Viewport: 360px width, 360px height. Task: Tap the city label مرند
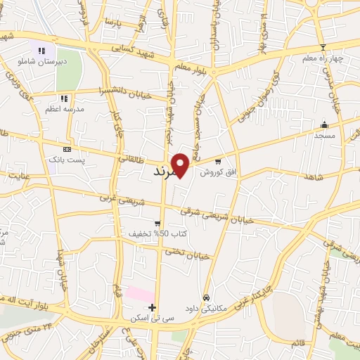(x=167, y=171)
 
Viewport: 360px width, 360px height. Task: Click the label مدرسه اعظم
(x=64, y=109)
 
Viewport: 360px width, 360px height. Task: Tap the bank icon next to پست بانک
(x=67, y=150)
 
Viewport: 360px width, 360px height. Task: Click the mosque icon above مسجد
(x=323, y=123)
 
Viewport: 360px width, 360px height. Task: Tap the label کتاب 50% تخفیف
(x=148, y=233)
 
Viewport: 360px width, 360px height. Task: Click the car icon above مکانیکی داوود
(x=206, y=297)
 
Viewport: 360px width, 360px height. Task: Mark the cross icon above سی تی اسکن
(x=152, y=307)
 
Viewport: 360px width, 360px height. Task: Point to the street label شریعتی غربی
(x=136, y=199)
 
